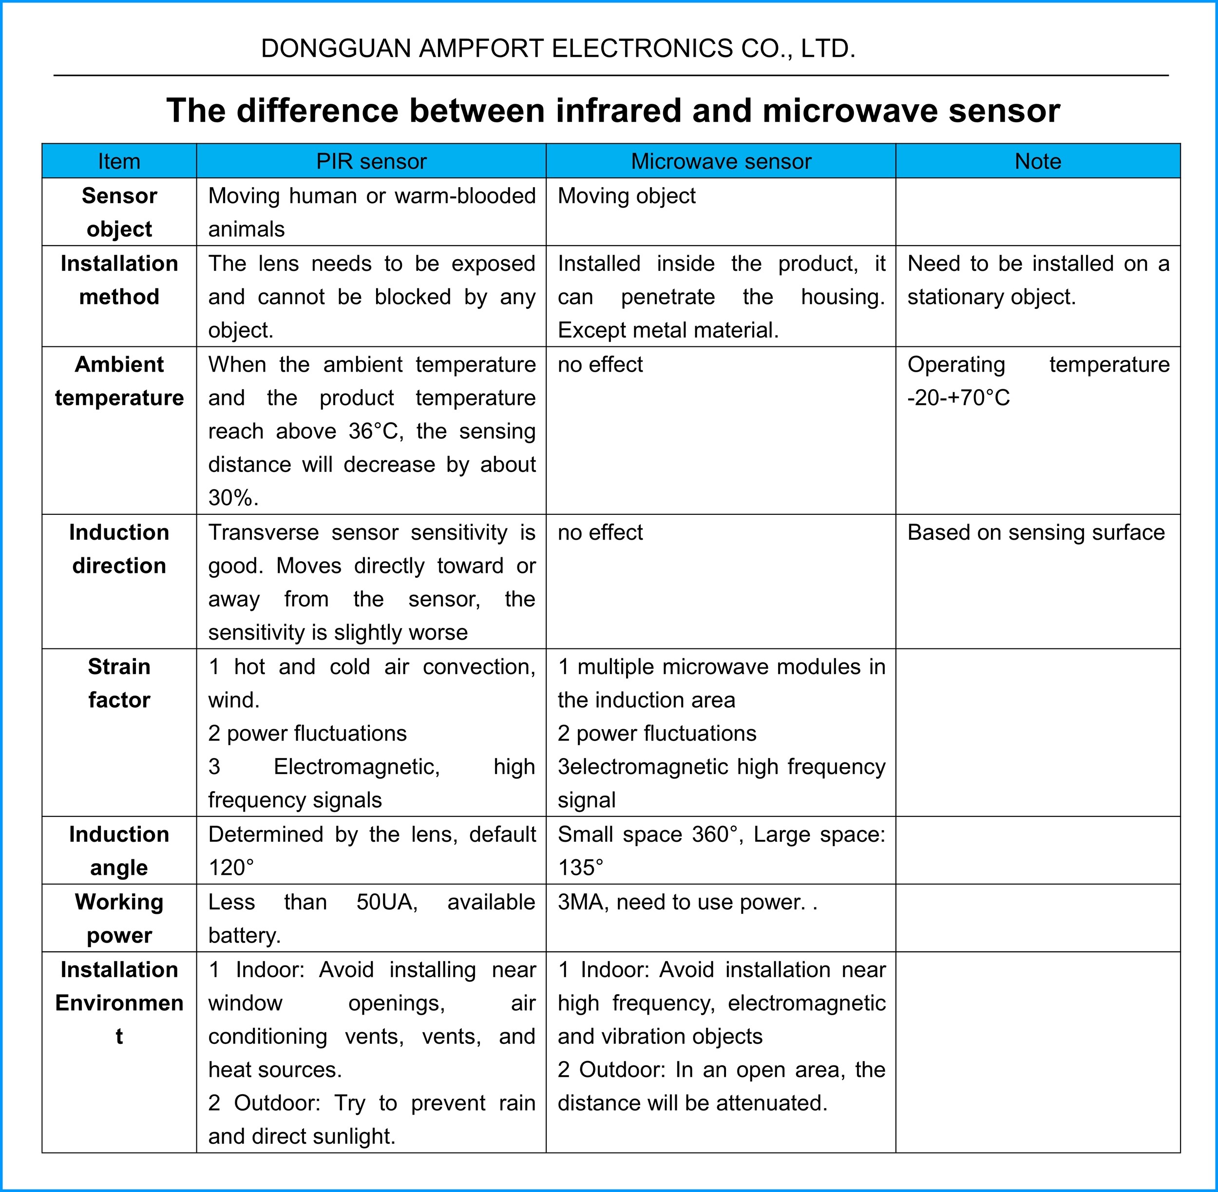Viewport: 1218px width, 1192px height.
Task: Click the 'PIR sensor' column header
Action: click(x=371, y=162)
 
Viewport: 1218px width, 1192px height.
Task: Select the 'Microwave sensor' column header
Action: click(x=721, y=162)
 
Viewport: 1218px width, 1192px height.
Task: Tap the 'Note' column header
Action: click(x=1038, y=162)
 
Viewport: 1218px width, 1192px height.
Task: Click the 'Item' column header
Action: click(x=119, y=162)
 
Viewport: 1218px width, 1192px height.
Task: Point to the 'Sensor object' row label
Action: click(x=119, y=212)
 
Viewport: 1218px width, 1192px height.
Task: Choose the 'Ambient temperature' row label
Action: click(x=119, y=380)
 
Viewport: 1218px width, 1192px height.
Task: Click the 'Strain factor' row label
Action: click(x=119, y=683)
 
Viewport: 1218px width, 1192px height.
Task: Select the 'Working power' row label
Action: click(x=119, y=918)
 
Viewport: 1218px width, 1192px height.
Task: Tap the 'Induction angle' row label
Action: click(x=119, y=851)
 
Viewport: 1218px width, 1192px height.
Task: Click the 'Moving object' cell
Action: click(x=626, y=196)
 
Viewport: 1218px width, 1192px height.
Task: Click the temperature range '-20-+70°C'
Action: click(x=958, y=398)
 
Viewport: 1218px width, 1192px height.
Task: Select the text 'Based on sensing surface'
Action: click(x=1036, y=532)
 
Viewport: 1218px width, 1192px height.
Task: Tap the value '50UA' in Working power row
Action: click(x=386, y=902)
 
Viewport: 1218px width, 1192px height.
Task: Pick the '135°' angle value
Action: click(x=581, y=868)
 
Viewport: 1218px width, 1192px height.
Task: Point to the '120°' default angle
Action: click(x=231, y=868)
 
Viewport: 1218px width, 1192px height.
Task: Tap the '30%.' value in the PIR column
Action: click(x=233, y=498)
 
